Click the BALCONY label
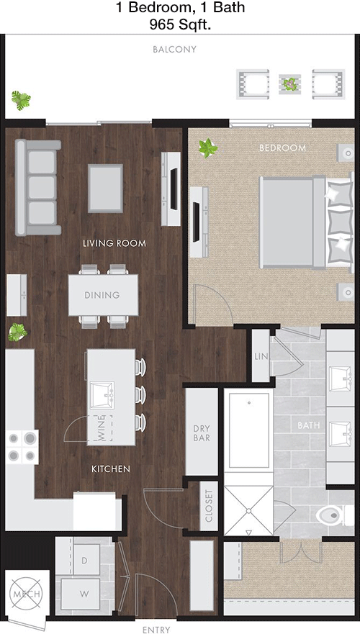point(174,50)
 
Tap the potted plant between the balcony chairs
point(289,84)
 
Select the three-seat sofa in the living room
point(38,187)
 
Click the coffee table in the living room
point(106,188)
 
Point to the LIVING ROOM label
point(114,243)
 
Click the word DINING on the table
point(102,295)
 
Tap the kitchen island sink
point(102,394)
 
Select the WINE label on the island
point(101,427)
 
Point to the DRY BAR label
point(202,433)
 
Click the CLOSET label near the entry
point(209,506)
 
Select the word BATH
point(309,425)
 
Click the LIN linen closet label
point(261,356)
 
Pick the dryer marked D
point(85,560)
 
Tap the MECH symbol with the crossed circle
point(27,594)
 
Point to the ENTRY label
point(156,630)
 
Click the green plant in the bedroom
point(208,148)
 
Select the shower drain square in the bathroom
point(249,510)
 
